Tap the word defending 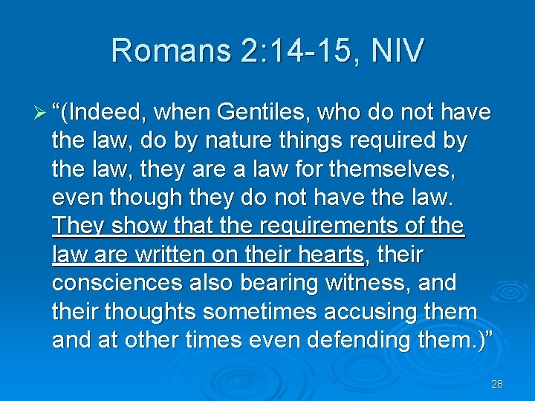373,340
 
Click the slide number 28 497,384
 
